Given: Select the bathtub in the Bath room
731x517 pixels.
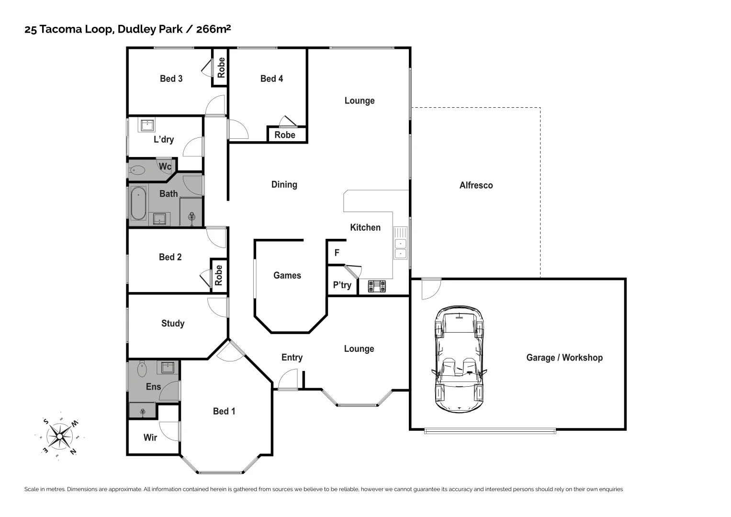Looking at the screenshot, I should click(138, 204).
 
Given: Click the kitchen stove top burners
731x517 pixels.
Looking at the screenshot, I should click(377, 286).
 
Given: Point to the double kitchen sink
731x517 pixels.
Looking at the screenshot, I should click(400, 243).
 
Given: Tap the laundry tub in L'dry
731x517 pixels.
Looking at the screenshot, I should click(146, 125).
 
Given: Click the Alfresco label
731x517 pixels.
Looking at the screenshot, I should click(476, 185).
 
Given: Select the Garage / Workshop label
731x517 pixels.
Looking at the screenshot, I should click(564, 358).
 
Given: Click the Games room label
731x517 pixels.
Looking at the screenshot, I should click(287, 275).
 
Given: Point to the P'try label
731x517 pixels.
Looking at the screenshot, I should click(342, 285).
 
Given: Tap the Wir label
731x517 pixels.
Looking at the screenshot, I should click(150, 438).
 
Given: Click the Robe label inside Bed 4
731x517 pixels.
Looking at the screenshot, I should click(285, 135).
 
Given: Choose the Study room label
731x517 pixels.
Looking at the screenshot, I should click(173, 324).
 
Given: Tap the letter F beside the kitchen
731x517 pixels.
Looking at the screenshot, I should click(337, 253).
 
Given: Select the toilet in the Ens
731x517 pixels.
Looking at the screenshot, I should click(142, 369).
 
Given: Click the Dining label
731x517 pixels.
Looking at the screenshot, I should click(284, 184).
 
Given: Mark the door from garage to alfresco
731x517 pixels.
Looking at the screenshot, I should click(431, 289).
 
